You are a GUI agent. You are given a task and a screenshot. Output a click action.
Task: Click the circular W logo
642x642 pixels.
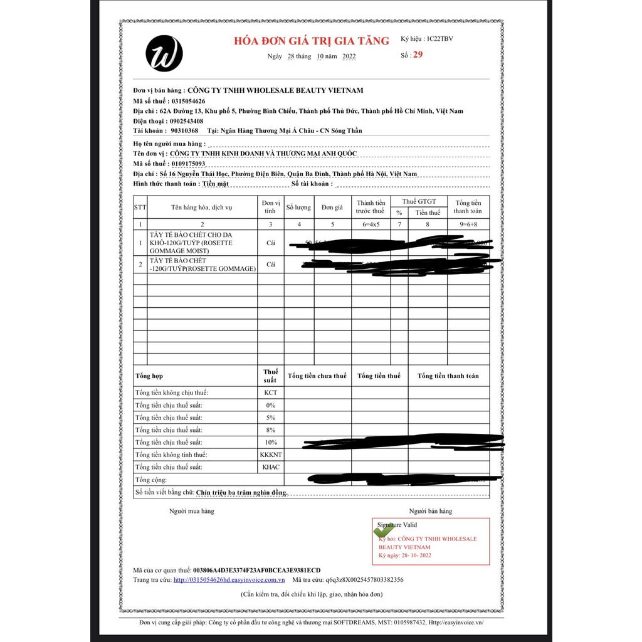(x=164, y=53)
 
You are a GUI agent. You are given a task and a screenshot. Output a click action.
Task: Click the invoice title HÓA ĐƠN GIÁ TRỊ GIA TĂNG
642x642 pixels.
(x=312, y=41)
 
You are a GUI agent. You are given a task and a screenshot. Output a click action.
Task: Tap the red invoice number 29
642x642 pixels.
(x=418, y=55)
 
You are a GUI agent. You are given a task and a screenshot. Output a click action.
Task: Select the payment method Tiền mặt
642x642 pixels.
(x=215, y=184)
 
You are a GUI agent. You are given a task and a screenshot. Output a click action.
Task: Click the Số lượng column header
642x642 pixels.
(x=298, y=207)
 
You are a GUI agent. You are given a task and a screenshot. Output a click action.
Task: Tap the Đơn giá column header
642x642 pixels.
(x=332, y=207)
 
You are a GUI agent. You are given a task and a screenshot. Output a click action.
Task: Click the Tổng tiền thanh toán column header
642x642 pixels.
(x=468, y=207)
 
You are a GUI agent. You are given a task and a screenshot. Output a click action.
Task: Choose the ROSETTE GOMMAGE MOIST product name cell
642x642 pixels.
(x=201, y=243)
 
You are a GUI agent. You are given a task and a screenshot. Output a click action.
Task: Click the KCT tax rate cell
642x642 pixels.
(x=271, y=392)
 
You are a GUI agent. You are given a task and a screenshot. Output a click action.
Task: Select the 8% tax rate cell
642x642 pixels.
(x=271, y=430)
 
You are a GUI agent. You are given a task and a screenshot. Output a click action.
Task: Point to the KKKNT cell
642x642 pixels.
(x=271, y=455)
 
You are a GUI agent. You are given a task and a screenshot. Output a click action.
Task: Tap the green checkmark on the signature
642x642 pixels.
(x=383, y=530)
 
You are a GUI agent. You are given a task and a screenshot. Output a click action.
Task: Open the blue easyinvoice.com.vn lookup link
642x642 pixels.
(x=229, y=580)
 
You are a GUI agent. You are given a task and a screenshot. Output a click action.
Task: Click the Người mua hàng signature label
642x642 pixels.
(x=191, y=511)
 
